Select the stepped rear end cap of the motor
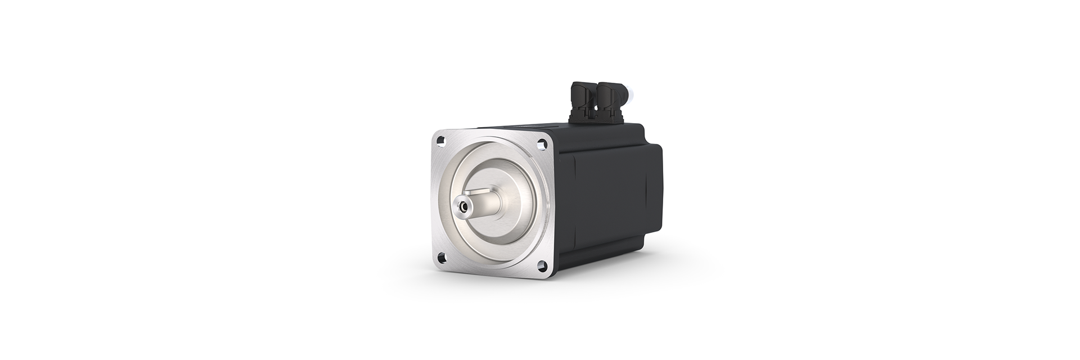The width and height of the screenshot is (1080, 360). click(655, 180)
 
